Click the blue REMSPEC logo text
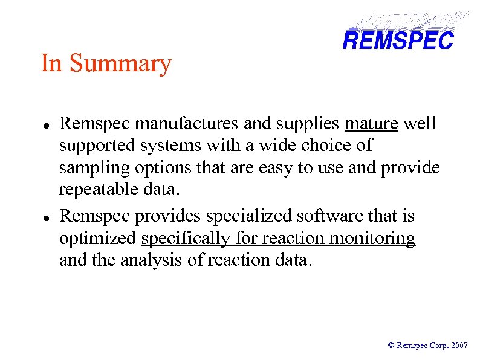(397, 41)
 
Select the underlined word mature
(371, 124)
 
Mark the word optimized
(98, 239)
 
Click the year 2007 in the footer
(459, 346)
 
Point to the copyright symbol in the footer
(391, 346)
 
